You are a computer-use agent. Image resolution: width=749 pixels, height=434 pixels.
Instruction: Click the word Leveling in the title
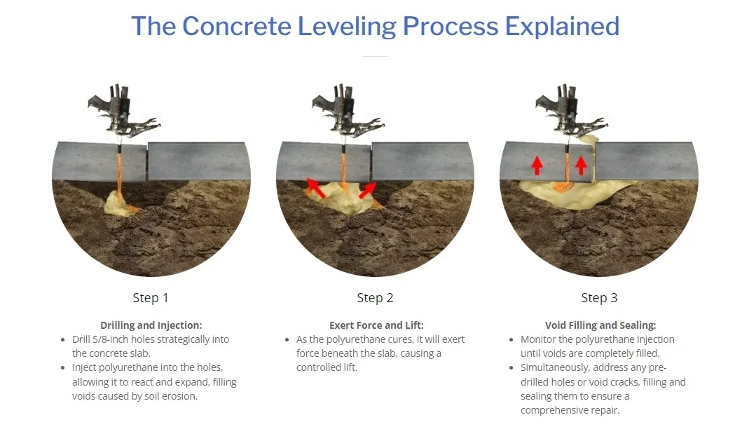point(348,27)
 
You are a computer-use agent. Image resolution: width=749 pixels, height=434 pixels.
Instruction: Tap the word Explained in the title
point(562,26)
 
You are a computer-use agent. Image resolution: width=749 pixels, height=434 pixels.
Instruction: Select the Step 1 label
point(151,298)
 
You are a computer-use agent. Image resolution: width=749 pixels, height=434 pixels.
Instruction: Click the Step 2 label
point(375,298)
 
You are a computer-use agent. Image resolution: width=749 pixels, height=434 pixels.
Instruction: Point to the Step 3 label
point(599,298)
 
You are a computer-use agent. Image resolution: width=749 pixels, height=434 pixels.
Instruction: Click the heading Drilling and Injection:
point(151,325)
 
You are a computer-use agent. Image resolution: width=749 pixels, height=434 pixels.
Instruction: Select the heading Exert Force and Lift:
point(376,325)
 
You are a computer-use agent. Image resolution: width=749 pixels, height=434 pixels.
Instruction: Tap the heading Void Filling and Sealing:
point(600,325)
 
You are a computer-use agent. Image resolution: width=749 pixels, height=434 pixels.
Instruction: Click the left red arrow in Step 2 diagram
point(316,188)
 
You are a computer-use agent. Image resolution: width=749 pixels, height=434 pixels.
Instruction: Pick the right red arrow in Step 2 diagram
point(367,190)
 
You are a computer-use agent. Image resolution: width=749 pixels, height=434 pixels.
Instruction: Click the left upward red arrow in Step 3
point(537,165)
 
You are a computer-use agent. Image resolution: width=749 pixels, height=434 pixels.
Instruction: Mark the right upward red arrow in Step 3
point(581,165)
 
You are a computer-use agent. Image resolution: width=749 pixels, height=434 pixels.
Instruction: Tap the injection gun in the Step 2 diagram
point(347,112)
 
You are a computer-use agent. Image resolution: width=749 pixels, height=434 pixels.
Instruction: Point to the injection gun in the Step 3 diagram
point(570,112)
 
